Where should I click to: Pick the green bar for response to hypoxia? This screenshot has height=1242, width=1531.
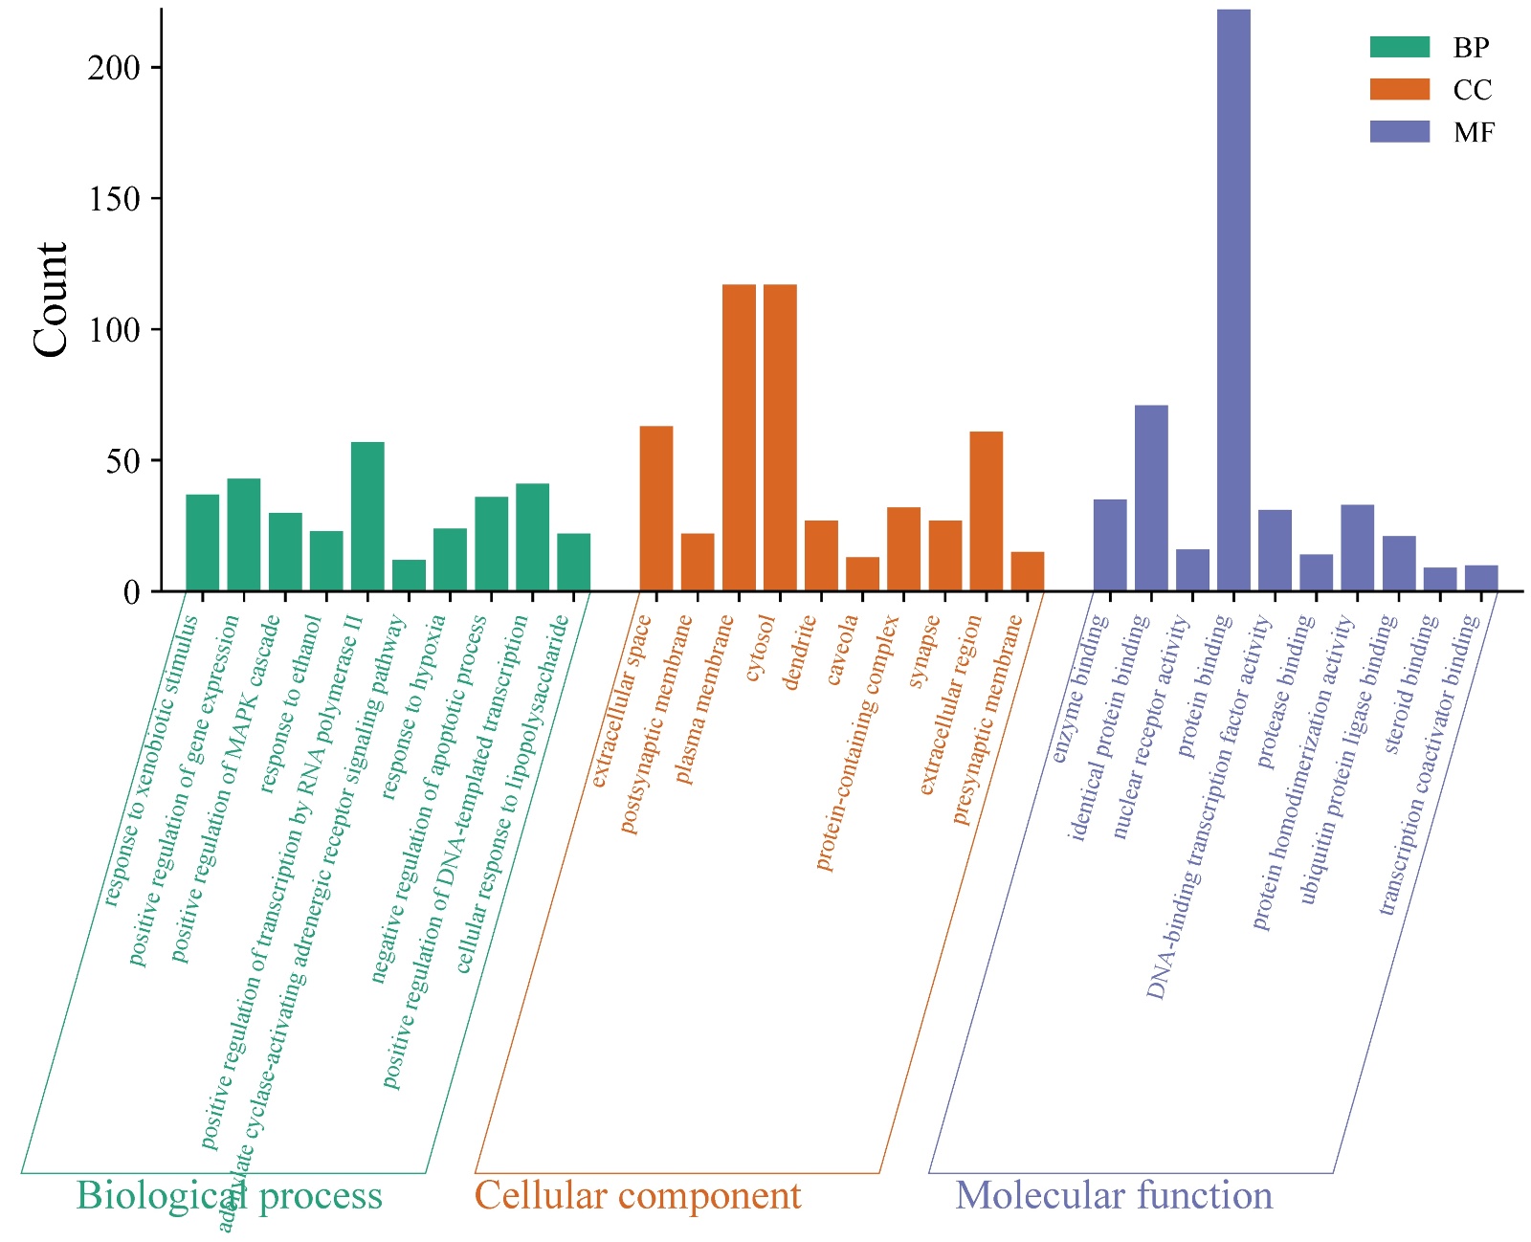pos(450,560)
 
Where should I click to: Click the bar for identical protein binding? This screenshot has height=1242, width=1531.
pos(1151,498)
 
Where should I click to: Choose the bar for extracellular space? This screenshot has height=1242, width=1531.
pos(656,508)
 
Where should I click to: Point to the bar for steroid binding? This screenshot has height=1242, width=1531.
pos(1439,579)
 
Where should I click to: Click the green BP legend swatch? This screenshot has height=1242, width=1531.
pos(1399,47)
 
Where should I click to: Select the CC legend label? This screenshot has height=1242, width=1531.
pos(1472,90)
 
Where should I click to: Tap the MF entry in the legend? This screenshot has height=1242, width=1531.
pos(1473,133)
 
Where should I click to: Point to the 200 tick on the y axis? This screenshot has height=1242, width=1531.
pos(114,68)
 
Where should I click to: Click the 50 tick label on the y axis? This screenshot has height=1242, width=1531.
pos(122,461)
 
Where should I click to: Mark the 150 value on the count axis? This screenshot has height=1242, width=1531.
pos(114,199)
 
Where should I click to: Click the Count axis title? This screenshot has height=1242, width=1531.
pos(52,299)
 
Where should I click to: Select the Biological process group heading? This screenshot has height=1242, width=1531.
pos(229,1195)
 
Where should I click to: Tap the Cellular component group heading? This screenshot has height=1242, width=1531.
pos(638,1195)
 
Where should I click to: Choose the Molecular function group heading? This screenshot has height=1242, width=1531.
pos(1114,1195)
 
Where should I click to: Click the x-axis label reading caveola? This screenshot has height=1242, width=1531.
pos(842,651)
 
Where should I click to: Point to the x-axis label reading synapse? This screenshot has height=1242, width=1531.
pos(924,652)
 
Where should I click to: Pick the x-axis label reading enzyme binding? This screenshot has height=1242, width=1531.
pos(1079,689)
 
